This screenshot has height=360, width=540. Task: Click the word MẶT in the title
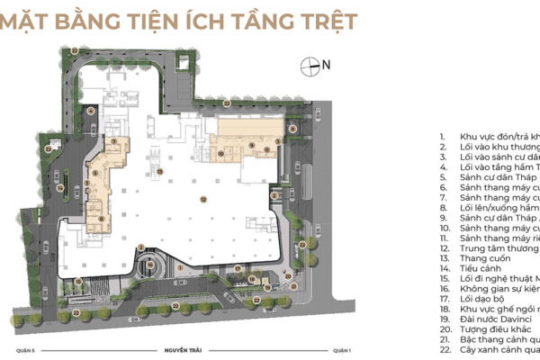pos(37,20)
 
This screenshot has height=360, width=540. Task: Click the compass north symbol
pos(310,66)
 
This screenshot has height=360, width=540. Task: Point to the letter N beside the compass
pos(327,65)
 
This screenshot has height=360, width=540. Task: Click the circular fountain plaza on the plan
pos(154,269)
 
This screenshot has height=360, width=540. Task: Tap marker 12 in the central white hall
pos(204,199)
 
